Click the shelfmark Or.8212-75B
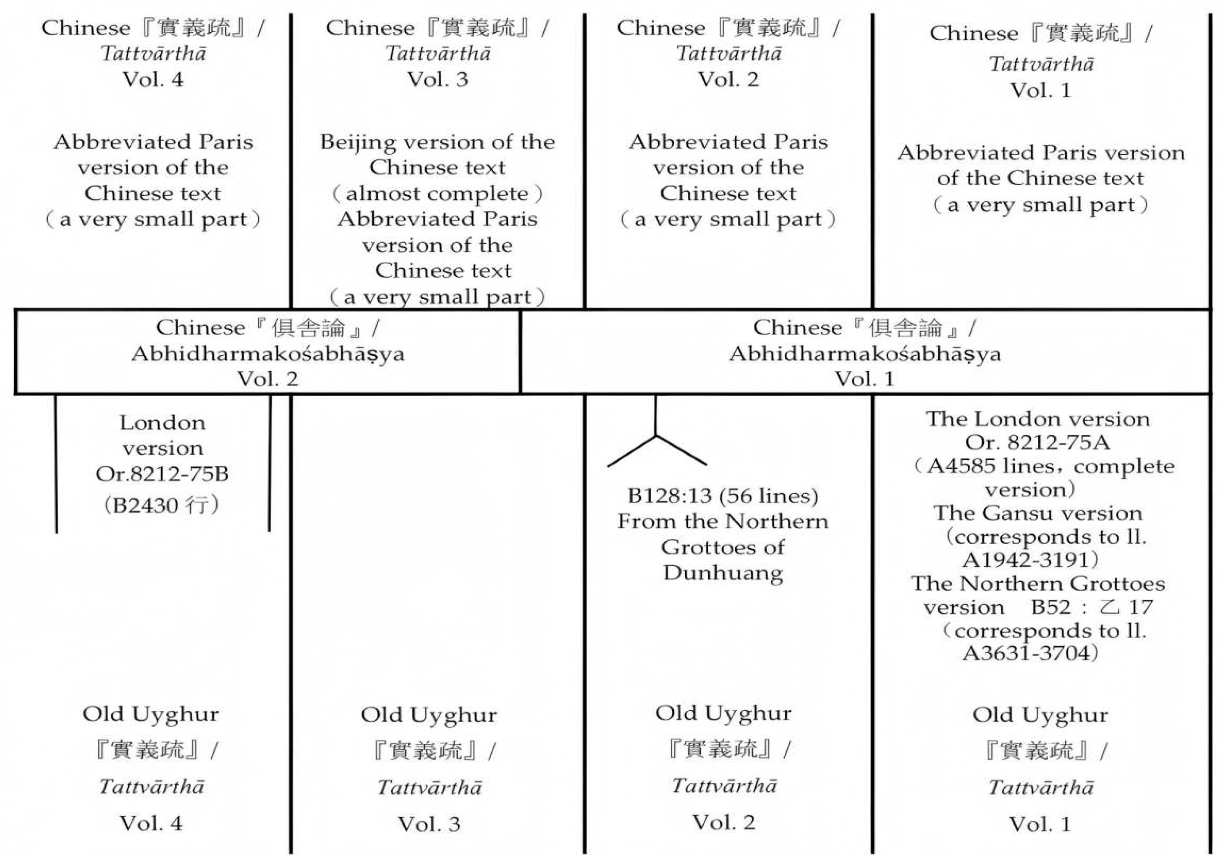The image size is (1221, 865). click(162, 474)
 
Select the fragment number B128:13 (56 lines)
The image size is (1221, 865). click(723, 496)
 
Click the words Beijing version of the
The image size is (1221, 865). click(437, 142)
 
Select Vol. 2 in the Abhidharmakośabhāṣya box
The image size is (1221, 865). click(268, 379)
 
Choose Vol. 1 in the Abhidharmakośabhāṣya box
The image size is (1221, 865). click(864, 379)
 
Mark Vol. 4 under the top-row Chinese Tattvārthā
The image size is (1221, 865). click(153, 80)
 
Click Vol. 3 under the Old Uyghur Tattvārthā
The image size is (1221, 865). click(429, 824)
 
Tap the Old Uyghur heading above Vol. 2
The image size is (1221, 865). click(723, 714)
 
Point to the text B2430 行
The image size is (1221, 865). click(161, 505)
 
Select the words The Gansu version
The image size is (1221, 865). click(1038, 513)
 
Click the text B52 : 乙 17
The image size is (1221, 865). click(1091, 607)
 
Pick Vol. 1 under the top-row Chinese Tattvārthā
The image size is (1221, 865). click(1041, 91)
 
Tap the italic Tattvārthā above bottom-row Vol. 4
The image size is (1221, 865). click(151, 787)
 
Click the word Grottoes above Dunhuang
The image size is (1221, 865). click(723, 548)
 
